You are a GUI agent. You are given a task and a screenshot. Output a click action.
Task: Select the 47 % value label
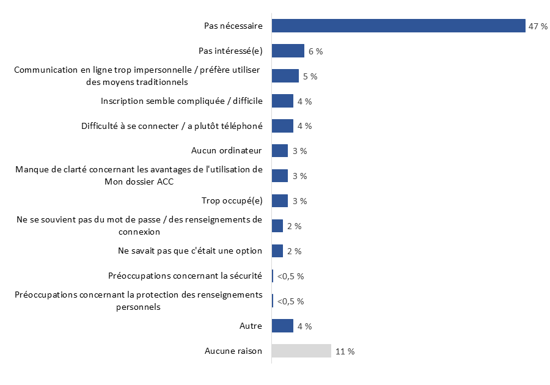click(538, 26)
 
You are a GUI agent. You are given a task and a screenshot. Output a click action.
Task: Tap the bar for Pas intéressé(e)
click(288, 51)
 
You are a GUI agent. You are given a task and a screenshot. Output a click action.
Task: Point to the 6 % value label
click(315, 51)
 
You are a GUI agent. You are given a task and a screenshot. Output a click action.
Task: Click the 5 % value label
click(310, 76)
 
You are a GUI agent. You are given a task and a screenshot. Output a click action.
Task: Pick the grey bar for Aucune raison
click(301, 351)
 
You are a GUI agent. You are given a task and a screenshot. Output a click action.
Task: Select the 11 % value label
click(345, 351)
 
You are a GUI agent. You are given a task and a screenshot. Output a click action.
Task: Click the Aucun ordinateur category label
click(227, 150)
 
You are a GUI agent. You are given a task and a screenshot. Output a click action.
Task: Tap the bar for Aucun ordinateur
click(280, 151)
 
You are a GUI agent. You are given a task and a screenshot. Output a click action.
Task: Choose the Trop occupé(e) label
click(232, 200)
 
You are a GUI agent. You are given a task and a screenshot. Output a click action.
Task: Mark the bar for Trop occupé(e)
click(280, 201)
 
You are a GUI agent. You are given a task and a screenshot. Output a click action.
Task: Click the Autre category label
click(251, 326)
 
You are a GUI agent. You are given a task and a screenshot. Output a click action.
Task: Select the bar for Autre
click(282, 326)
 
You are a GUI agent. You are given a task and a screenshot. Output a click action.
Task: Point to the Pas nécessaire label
click(233, 26)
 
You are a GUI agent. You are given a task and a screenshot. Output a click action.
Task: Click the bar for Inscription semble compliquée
click(282, 101)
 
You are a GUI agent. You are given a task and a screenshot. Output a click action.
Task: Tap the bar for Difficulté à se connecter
click(282, 126)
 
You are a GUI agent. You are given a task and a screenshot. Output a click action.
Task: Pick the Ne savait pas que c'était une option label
click(189, 251)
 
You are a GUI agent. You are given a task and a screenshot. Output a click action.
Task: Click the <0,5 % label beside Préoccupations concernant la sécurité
click(290, 276)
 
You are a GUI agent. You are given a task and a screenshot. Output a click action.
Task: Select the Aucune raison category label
click(233, 351)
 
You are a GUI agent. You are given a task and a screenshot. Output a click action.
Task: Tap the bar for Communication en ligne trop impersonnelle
click(285, 76)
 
